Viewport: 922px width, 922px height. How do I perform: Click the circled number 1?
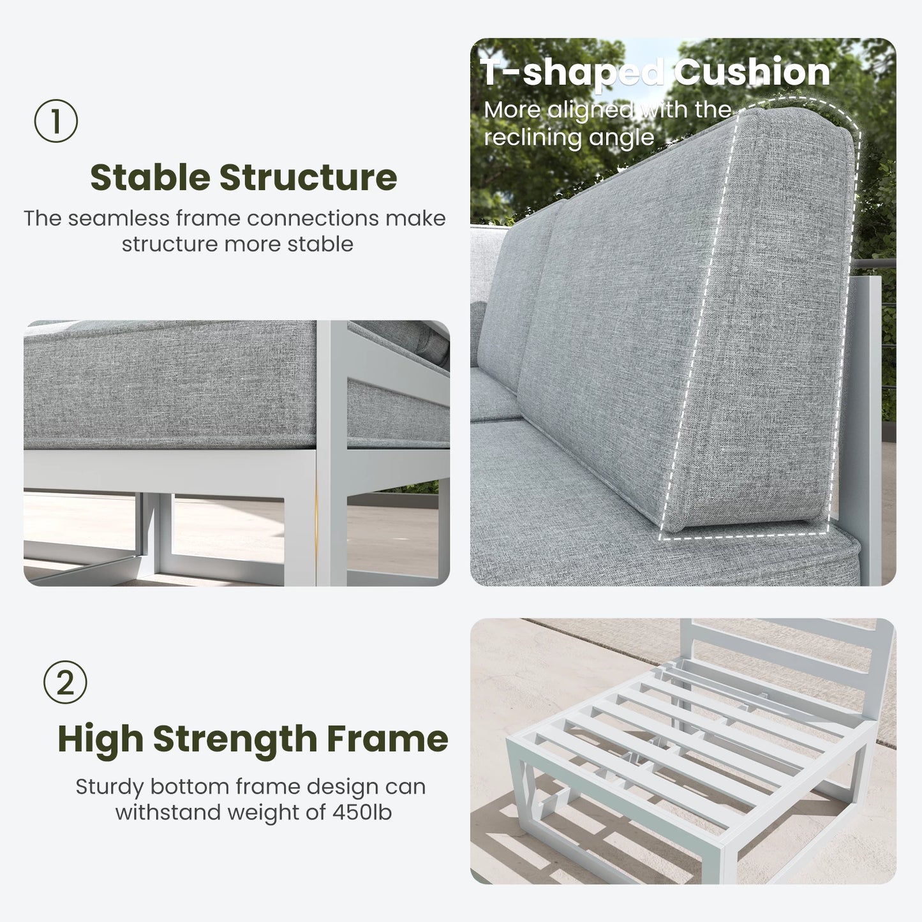(x=56, y=121)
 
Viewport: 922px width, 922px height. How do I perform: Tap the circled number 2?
(x=65, y=682)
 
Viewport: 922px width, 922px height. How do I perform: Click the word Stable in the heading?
(x=150, y=177)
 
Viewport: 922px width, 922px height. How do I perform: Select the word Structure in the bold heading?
(x=308, y=177)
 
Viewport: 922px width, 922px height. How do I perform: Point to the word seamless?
(x=119, y=218)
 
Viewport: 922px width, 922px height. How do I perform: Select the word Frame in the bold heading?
(x=387, y=739)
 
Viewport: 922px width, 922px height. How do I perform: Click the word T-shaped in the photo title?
(x=572, y=73)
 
